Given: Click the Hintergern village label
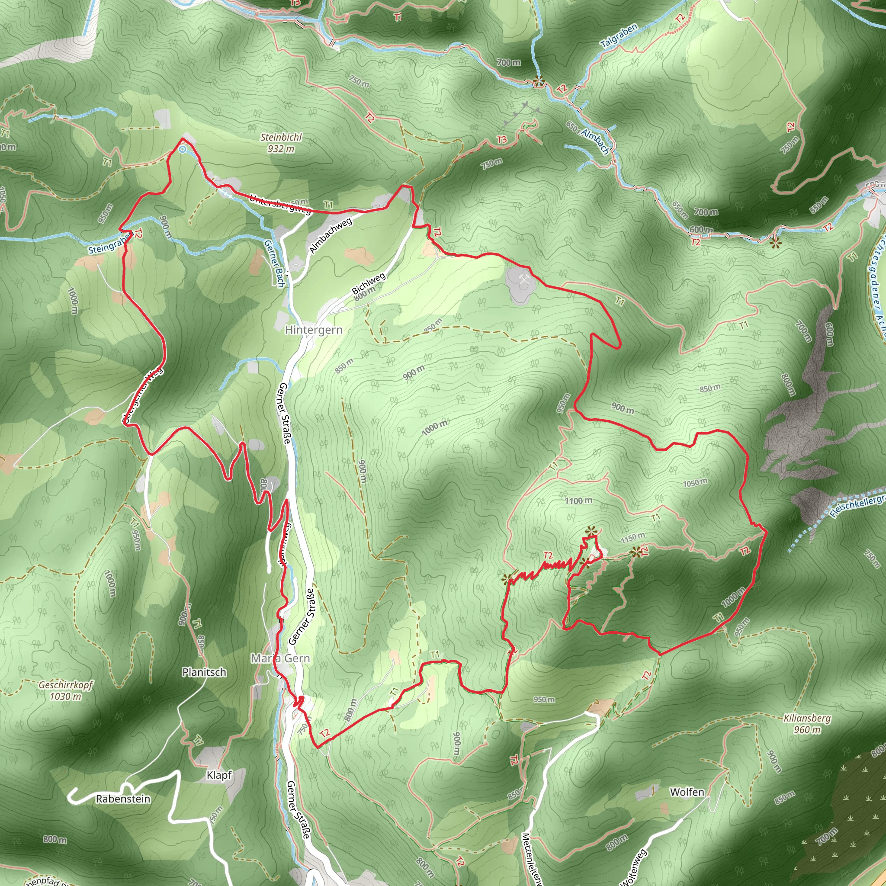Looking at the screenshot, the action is pos(313,330).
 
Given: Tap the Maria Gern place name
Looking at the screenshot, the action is pos(280,658).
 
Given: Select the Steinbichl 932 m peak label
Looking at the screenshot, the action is pos(281,143).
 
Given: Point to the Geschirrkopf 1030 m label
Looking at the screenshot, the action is pos(66,690).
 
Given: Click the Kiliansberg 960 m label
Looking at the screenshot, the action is pos(807,724).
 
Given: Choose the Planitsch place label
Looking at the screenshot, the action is pos(204,672).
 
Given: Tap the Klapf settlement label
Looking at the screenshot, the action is pos(219,775).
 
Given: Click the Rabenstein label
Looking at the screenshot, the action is pos(123,799).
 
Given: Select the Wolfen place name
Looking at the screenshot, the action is pos(687,792).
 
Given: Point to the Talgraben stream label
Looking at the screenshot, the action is pos(619,36).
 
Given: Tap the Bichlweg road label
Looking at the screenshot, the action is pos(368,284).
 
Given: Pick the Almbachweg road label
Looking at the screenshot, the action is pos(330,235).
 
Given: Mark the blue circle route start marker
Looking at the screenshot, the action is pos(183,149).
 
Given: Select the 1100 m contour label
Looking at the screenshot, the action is pos(578,501).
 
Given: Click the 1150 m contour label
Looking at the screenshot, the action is pos(633,537).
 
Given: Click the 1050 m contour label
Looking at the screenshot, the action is pos(695,482).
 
